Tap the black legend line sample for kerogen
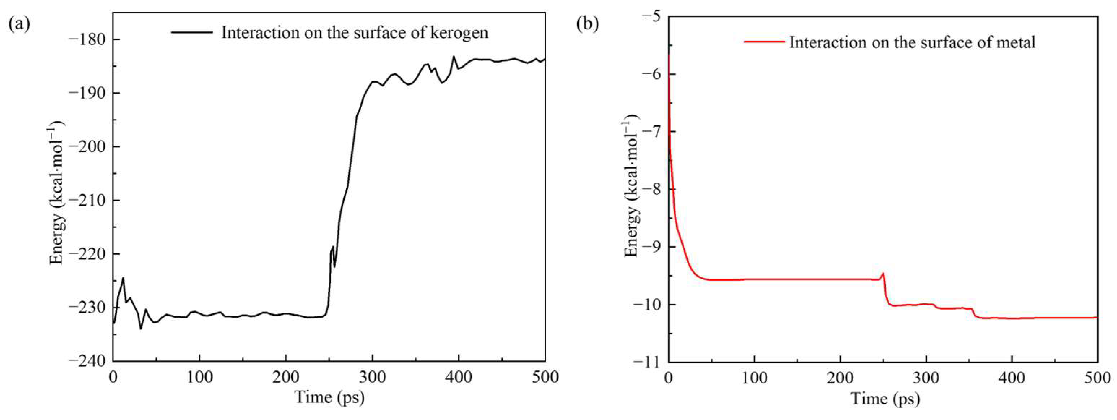pos(192,33)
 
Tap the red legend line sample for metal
pos(764,42)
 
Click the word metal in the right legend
pos(1015,43)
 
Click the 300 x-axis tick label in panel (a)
pos(372,377)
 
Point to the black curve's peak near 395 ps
pos(454,56)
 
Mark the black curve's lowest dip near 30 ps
pos(140,329)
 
